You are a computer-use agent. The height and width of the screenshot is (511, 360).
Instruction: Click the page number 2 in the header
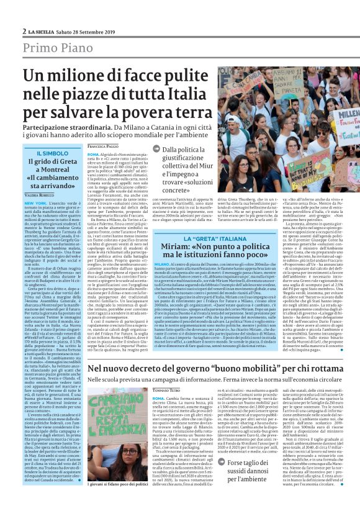[24, 31]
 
